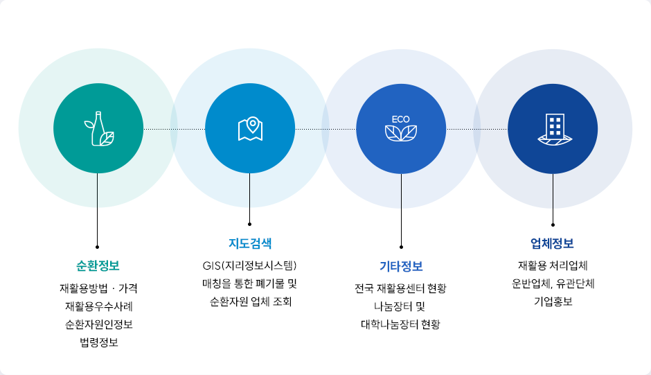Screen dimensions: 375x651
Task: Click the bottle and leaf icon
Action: point(98,129)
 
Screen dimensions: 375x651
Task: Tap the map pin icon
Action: point(250,129)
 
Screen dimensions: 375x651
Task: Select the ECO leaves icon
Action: point(401,132)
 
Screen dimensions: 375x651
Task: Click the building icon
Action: point(553,129)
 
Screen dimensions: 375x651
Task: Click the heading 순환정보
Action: point(98,265)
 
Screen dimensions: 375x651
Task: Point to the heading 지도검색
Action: point(250,243)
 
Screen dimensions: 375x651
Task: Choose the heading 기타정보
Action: point(401,266)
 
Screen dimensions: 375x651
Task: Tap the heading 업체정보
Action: point(553,243)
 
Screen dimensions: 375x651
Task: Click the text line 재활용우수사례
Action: point(98,306)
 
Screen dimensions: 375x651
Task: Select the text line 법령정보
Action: point(98,342)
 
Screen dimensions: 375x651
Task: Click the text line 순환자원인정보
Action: point(98,324)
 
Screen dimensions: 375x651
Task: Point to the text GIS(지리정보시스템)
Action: point(250,265)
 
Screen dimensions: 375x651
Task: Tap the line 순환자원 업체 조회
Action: point(250,302)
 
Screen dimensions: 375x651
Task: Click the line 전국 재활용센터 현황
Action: point(401,288)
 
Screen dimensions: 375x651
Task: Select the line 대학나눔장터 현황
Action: point(401,324)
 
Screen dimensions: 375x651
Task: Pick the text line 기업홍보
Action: point(553,302)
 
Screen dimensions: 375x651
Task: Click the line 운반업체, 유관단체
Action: point(553,284)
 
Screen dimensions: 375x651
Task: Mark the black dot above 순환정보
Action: point(98,246)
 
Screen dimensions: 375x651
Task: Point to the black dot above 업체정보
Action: point(553,225)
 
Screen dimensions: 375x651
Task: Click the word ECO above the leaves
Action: point(401,119)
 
